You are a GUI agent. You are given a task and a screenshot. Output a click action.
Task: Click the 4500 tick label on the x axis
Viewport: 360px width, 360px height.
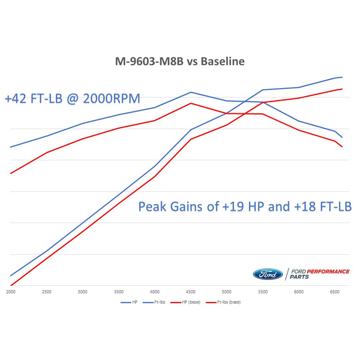191,292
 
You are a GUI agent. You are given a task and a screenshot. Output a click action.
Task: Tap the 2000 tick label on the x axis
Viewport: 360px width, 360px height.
11,292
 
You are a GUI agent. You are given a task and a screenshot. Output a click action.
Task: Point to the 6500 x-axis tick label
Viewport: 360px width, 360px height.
335,292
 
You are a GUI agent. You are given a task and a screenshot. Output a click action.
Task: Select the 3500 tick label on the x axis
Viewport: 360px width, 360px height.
119,292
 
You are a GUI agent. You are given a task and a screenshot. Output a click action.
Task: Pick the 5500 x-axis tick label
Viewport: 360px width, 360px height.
263,292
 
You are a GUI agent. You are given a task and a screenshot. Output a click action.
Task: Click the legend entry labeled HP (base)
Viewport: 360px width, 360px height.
193,302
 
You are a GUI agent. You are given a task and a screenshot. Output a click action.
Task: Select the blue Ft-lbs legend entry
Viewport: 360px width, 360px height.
160,302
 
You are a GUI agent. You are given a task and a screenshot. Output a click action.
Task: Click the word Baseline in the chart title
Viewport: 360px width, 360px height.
222,61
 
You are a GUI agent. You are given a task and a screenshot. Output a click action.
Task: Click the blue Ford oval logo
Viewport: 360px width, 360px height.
268,274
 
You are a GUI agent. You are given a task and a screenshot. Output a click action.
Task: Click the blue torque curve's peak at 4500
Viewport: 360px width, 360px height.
191,92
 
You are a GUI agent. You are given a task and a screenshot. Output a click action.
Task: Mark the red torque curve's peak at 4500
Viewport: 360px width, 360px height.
191,103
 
